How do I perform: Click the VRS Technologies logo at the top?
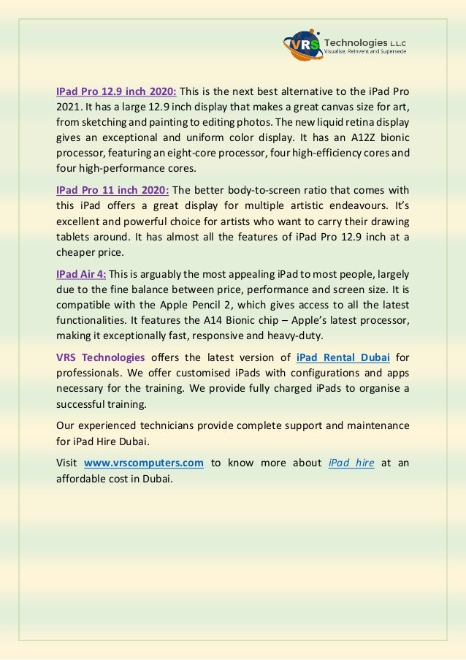(x=344, y=45)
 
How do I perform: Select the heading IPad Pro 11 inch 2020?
(x=112, y=190)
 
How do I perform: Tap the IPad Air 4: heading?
(x=81, y=274)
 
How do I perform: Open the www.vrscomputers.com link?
(x=144, y=463)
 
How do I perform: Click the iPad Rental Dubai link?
(x=343, y=357)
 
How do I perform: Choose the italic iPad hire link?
(x=352, y=463)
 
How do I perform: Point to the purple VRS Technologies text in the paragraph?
(x=101, y=357)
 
